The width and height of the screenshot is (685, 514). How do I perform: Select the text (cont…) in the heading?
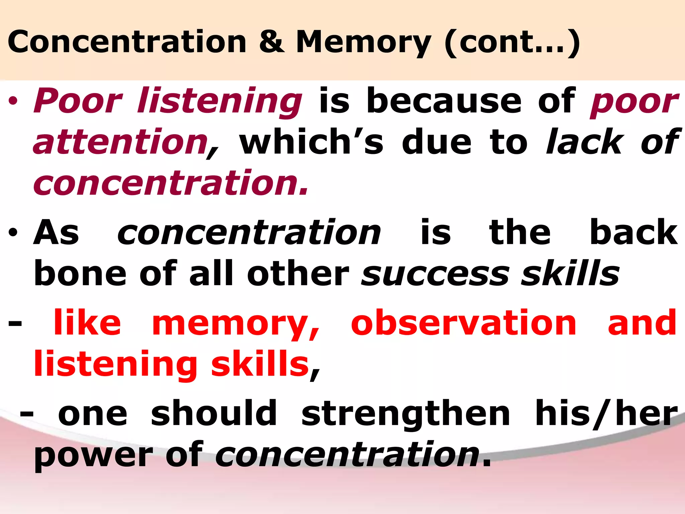click(512, 42)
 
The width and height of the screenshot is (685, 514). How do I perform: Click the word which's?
click(311, 142)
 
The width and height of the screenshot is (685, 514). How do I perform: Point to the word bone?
click(80, 274)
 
